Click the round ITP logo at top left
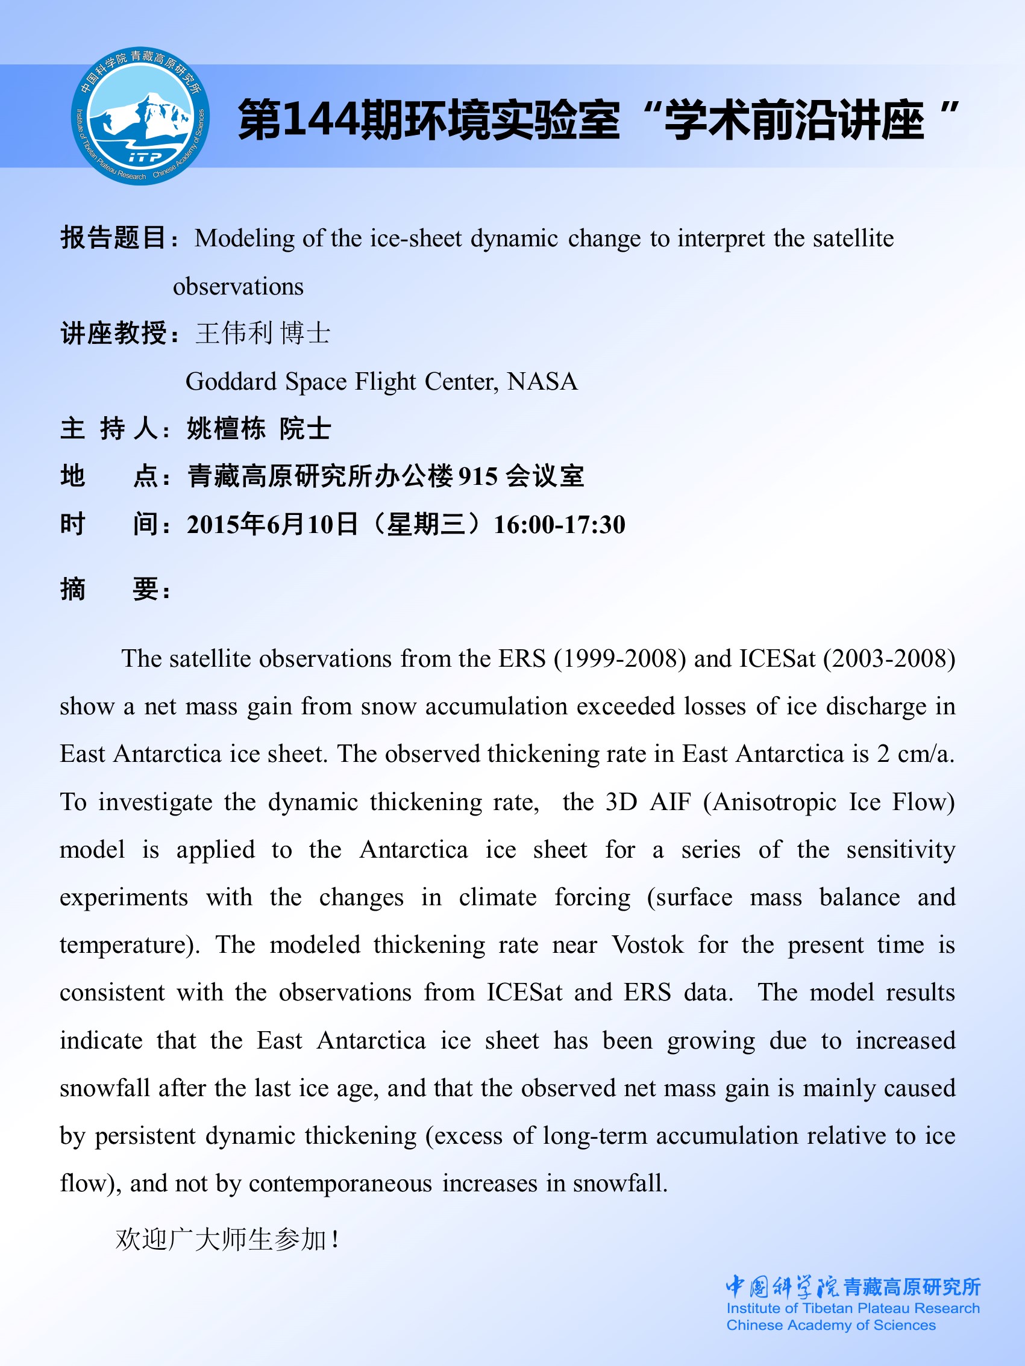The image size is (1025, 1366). click(140, 116)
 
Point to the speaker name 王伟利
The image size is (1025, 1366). click(234, 334)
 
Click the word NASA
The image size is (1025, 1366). click(542, 382)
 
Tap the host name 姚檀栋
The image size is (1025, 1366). click(226, 429)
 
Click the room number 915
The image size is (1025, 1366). click(478, 477)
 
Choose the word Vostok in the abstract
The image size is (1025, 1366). click(648, 945)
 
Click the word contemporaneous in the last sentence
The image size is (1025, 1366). click(340, 1184)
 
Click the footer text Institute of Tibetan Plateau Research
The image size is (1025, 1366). click(853, 1308)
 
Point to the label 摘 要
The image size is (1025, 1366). click(115, 589)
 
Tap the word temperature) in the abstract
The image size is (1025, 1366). click(130, 945)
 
